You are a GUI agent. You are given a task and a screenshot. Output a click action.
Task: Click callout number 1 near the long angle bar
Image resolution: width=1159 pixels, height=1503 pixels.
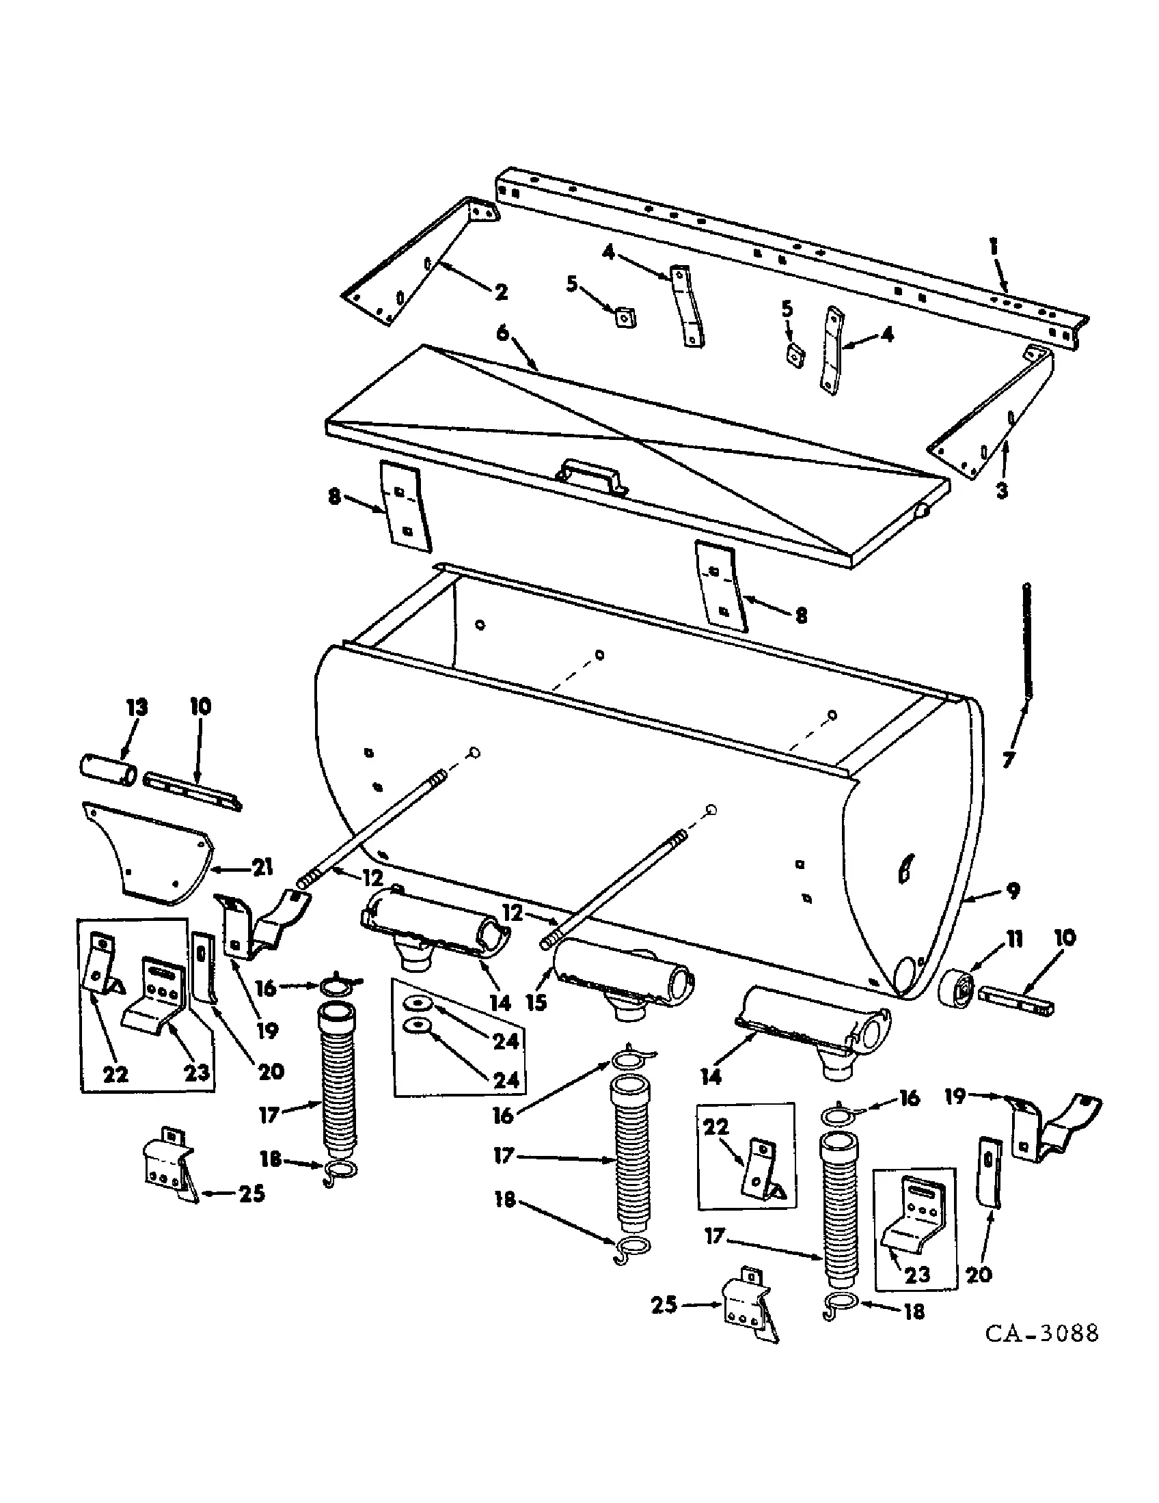(994, 248)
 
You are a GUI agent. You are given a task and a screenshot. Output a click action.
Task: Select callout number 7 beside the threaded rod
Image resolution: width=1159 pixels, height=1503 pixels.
(1008, 761)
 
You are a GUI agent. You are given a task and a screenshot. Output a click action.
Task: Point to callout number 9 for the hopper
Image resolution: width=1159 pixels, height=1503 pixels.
(1012, 891)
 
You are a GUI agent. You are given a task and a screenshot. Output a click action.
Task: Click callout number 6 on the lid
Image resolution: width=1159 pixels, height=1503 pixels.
(503, 334)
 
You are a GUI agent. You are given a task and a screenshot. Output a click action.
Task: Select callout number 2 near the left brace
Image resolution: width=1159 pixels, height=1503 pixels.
(501, 292)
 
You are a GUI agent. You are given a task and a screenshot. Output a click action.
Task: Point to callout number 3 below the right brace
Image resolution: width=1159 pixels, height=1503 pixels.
(1002, 491)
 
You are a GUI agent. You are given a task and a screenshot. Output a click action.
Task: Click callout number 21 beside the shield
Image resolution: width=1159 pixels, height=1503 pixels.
(262, 868)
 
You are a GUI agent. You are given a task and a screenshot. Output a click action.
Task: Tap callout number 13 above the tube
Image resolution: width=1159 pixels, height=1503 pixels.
(136, 708)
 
